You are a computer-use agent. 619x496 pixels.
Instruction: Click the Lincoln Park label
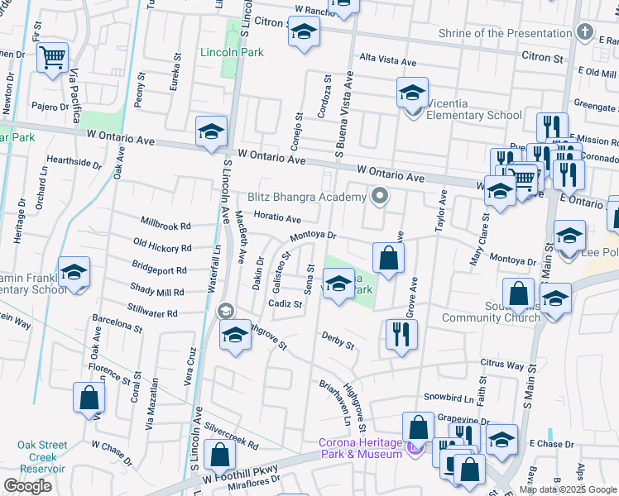(232, 52)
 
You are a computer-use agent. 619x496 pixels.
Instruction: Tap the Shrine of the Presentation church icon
(586, 33)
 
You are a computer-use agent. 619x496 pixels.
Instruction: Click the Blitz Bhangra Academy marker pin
(380, 197)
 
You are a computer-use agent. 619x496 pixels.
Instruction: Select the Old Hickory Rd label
(162, 246)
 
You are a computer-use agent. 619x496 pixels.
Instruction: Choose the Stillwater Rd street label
(153, 313)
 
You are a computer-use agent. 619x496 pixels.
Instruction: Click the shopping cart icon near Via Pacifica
(53, 57)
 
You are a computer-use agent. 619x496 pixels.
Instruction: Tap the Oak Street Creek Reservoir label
(41, 456)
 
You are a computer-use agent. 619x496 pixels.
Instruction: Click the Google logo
(26, 486)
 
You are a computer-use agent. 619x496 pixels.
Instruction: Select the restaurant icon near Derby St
(401, 334)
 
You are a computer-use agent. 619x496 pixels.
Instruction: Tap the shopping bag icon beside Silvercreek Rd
(219, 455)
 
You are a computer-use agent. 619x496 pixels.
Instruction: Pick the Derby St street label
(338, 339)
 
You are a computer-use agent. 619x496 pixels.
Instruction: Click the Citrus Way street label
(503, 365)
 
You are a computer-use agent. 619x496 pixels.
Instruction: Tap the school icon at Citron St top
(304, 33)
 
